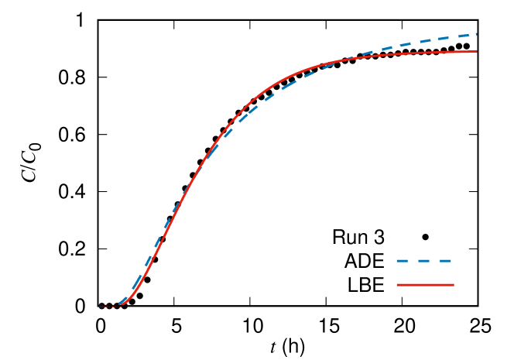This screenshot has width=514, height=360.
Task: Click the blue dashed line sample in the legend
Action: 424,261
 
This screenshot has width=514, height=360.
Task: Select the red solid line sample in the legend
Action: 425,285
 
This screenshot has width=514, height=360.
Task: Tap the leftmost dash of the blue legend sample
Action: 402,261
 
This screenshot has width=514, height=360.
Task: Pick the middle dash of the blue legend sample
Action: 424,261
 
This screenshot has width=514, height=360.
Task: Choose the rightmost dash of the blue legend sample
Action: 445,261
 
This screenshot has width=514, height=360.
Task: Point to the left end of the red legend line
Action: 397,285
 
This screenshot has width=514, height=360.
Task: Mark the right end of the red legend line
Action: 453,285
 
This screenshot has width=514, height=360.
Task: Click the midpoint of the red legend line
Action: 425,285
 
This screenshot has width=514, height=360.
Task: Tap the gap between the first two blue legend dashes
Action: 413,261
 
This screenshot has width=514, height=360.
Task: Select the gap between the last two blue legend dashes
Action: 435,261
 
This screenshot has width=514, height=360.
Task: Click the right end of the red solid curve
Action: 476,51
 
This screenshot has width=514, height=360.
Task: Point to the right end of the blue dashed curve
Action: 476,34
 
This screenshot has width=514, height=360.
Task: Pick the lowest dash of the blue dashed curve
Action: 122,301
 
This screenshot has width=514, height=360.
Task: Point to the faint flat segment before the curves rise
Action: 108,306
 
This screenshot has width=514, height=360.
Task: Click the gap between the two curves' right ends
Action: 476,43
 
